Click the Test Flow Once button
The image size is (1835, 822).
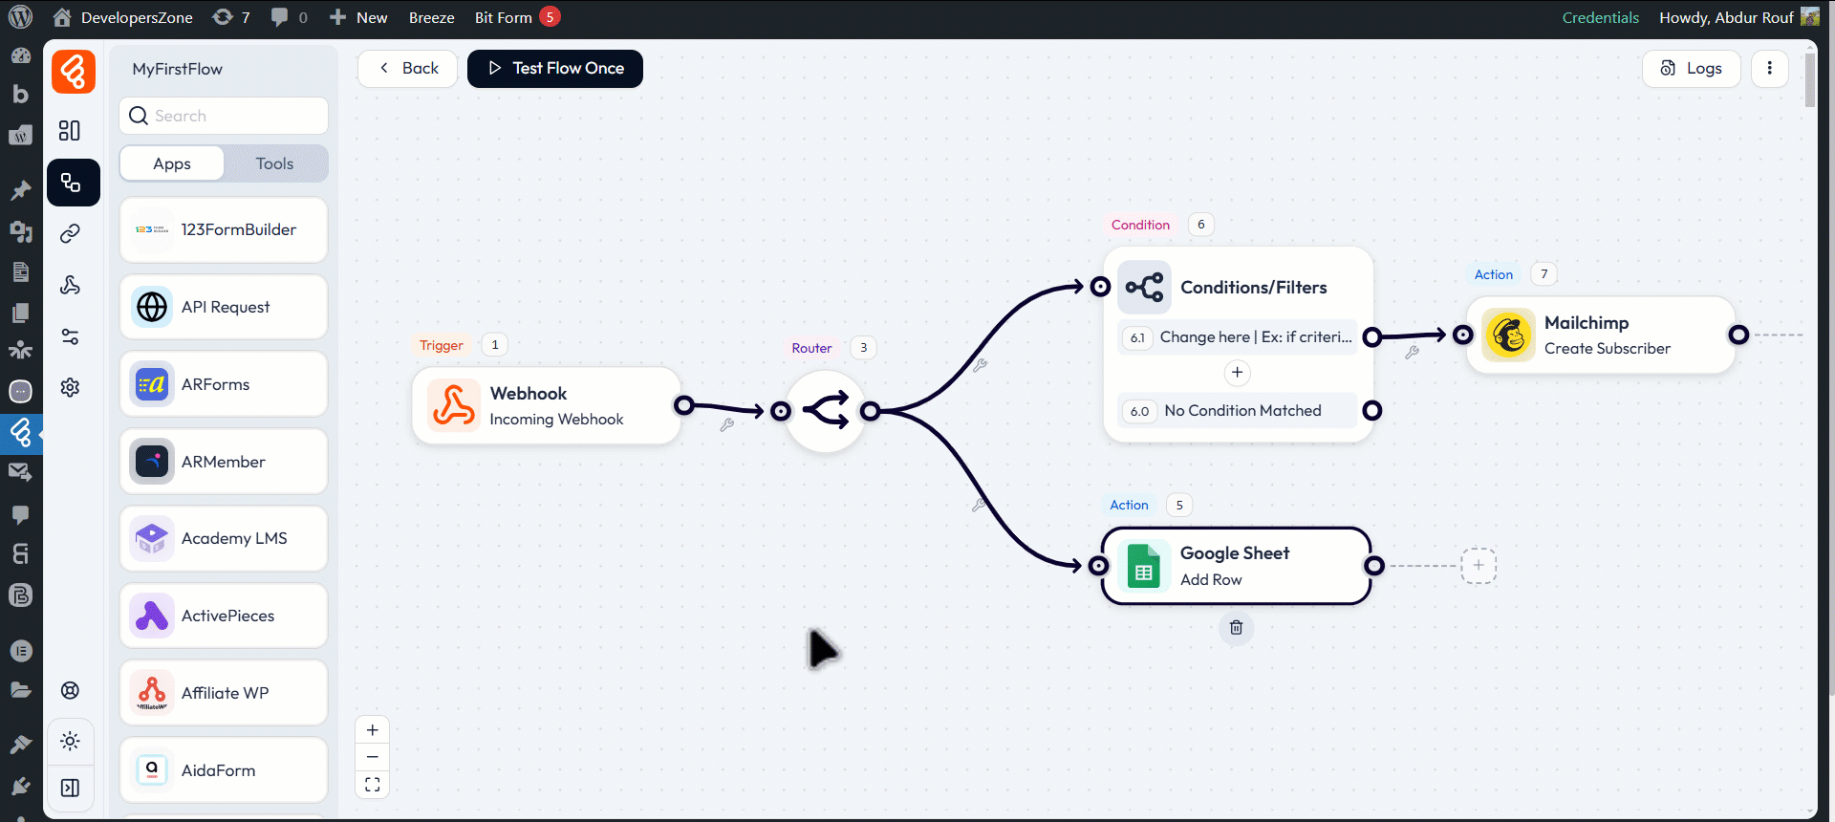[555, 69]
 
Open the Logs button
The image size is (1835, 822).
[1691, 69]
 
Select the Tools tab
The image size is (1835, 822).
[274, 163]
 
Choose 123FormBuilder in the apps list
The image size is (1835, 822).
[224, 230]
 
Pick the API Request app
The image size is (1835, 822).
[224, 307]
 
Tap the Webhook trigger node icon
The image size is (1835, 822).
[453, 405]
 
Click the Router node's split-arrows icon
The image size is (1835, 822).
[826, 411]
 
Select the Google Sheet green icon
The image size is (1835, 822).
[1144, 566]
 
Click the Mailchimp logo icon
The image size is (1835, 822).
[1509, 335]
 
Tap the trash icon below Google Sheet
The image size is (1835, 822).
[1236, 628]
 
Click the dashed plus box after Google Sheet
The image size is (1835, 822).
[1479, 566]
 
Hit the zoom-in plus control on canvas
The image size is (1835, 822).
[373, 730]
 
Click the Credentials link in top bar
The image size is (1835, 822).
[1600, 18]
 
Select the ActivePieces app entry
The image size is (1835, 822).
[224, 616]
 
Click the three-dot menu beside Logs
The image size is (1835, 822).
[1769, 69]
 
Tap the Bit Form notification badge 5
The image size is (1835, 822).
[550, 17]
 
